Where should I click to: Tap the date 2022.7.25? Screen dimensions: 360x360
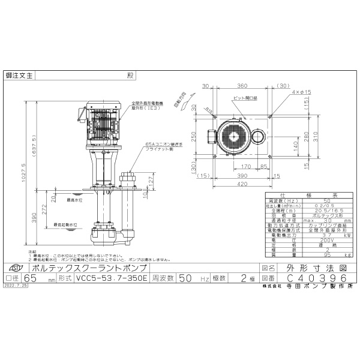click(17, 287)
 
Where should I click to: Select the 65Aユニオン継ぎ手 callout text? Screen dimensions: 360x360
click(162, 144)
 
